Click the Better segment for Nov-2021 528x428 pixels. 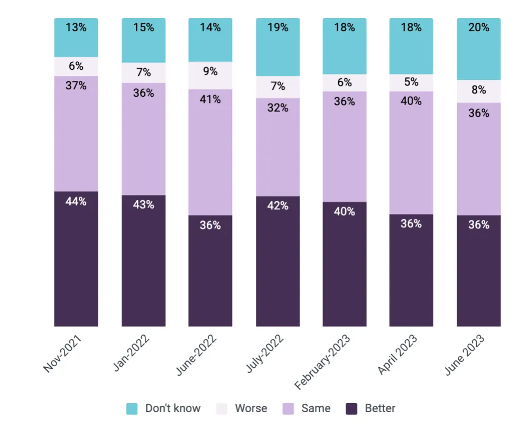point(76,258)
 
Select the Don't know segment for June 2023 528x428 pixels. point(478,49)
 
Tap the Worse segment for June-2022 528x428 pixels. point(210,76)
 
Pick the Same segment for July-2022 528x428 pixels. point(278,147)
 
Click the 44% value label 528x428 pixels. point(76,201)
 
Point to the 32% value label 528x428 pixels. point(278,108)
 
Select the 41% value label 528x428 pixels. point(210,99)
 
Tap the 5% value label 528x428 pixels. point(412,82)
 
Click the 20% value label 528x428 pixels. point(478,27)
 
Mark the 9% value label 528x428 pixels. point(210,71)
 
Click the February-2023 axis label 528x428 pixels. point(322,362)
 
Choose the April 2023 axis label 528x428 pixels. point(397,355)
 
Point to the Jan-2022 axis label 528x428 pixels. point(131,352)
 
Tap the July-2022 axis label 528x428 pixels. point(265,353)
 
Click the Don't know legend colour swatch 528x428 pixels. point(132,408)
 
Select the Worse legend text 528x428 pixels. point(251,408)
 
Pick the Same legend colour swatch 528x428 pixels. point(288,408)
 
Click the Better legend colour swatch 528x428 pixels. point(351,408)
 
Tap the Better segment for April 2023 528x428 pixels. point(411,270)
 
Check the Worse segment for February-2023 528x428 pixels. point(345,82)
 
